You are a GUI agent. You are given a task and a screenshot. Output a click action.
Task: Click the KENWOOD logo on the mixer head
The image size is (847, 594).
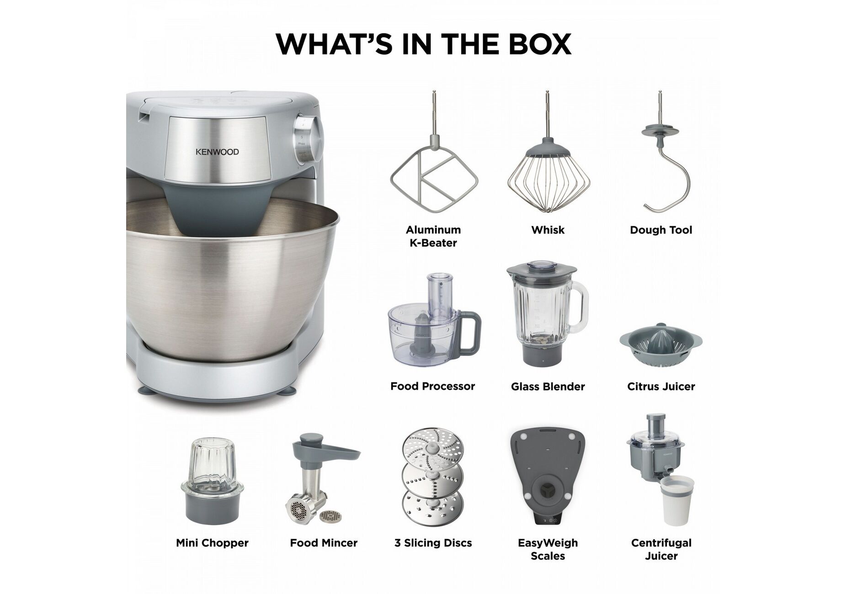point(217,152)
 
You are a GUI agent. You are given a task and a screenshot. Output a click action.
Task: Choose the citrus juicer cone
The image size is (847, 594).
point(661,339)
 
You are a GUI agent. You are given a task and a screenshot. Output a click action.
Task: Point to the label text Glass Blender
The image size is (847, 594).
point(548,387)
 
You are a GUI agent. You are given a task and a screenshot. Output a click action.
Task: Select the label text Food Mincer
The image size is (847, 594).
point(324,543)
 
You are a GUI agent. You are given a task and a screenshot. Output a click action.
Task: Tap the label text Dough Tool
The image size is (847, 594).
point(661,230)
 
